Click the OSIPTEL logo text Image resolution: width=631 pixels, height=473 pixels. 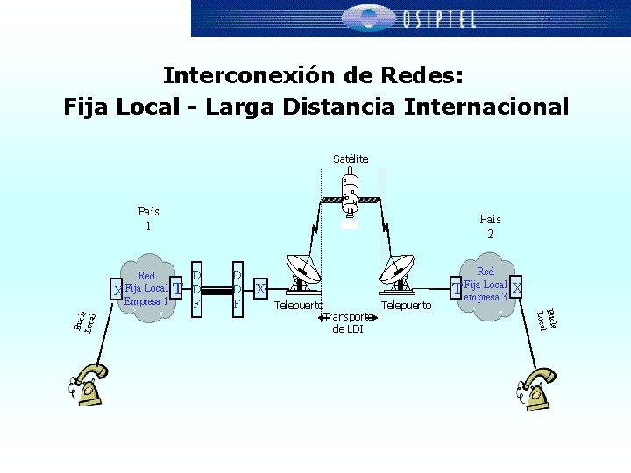click(438, 18)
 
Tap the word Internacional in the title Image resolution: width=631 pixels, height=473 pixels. click(486, 107)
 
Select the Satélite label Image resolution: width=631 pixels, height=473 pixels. click(351, 159)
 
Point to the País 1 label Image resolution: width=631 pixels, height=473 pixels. click(149, 218)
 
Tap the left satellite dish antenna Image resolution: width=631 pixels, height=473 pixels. click(301, 270)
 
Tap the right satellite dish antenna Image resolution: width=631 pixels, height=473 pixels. click(398, 270)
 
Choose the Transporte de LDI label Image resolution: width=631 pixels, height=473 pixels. click(348, 322)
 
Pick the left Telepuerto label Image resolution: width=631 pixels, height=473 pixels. click(299, 306)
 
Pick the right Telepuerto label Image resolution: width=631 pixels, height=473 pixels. click(406, 305)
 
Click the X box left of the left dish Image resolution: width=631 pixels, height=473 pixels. click(260, 287)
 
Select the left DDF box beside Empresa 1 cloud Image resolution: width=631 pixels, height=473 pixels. click(197, 287)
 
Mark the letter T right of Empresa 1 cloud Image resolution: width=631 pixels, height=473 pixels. click(178, 288)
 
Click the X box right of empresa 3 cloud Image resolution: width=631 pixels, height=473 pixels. click(517, 287)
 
